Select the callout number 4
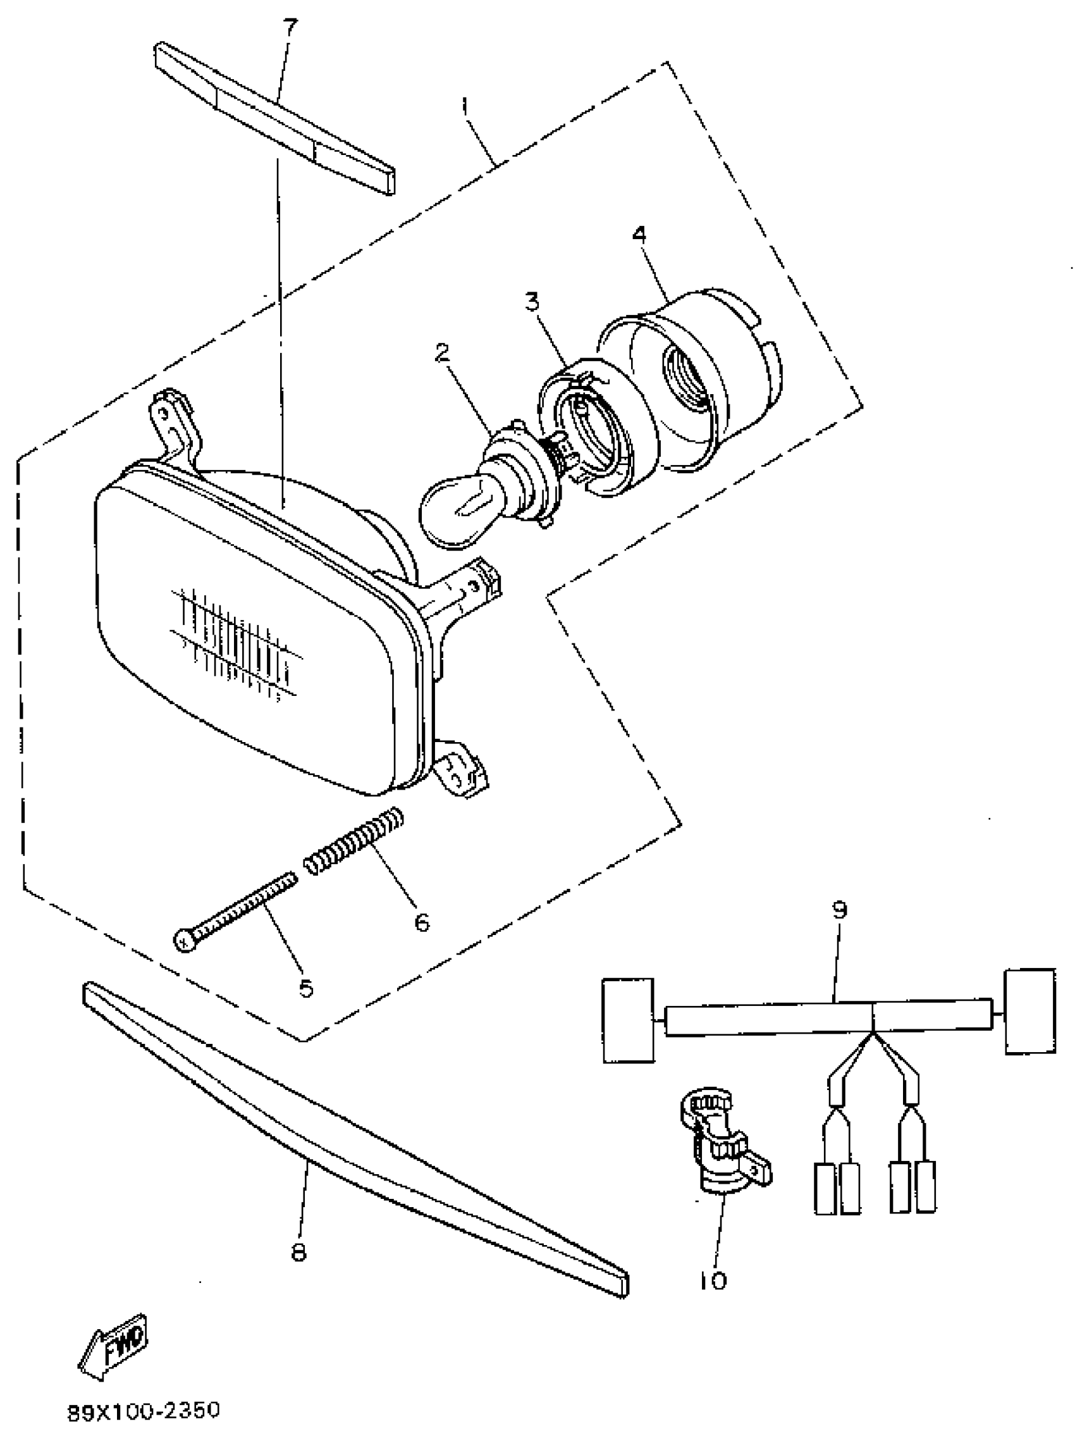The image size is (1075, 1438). coord(640,235)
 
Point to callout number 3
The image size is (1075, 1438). coord(532,302)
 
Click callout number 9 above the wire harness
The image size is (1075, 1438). coord(840,910)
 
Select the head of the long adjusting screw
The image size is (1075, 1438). coord(185,941)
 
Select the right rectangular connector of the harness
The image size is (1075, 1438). coord(1029,1012)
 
